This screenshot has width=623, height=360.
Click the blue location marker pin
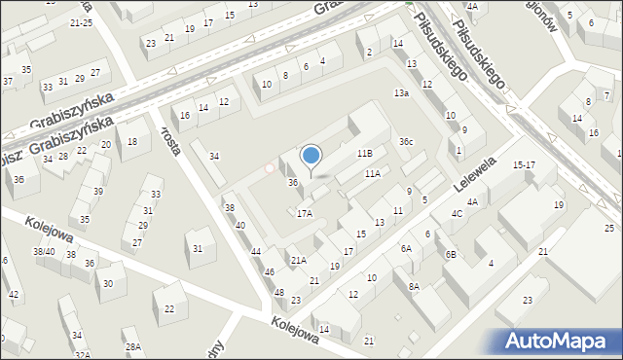click(x=311, y=156)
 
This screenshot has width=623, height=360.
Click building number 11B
click(x=364, y=154)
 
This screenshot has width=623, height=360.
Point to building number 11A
click(x=372, y=173)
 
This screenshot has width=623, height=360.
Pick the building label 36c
click(x=406, y=142)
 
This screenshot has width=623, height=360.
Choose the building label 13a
click(x=400, y=92)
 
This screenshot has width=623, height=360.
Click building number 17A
click(x=305, y=212)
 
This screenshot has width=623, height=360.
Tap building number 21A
click(x=299, y=260)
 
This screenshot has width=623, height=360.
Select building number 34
click(x=214, y=156)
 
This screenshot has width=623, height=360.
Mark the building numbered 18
click(x=132, y=142)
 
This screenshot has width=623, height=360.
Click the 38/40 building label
click(x=44, y=251)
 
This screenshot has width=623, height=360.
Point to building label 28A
click(x=132, y=346)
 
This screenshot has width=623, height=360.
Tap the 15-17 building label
click(x=525, y=164)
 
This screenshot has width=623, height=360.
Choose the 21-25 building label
click(x=82, y=21)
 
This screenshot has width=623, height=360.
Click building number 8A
click(x=414, y=286)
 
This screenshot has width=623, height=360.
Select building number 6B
click(x=451, y=254)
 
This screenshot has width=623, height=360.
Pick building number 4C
click(x=456, y=213)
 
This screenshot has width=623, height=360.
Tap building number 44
click(x=256, y=252)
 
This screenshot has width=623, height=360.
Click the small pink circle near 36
click(x=270, y=168)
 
